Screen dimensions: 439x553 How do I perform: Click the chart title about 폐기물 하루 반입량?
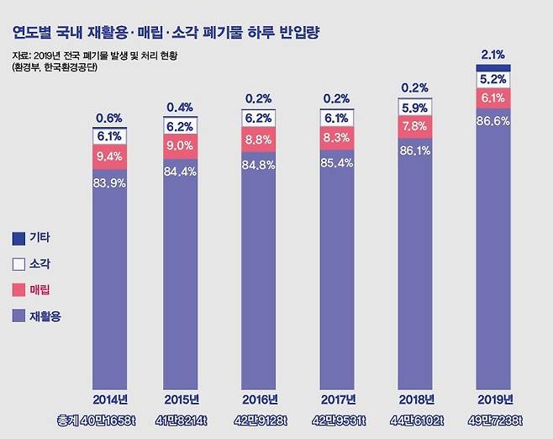pyautogui.click(x=167, y=34)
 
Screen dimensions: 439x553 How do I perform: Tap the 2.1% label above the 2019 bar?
pyautogui.click(x=493, y=55)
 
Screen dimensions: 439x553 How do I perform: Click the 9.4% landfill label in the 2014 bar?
pyautogui.click(x=109, y=156)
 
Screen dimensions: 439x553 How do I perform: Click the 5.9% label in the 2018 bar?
pyautogui.click(x=415, y=108)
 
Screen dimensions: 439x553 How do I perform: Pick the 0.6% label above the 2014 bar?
pyautogui.click(x=109, y=118)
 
